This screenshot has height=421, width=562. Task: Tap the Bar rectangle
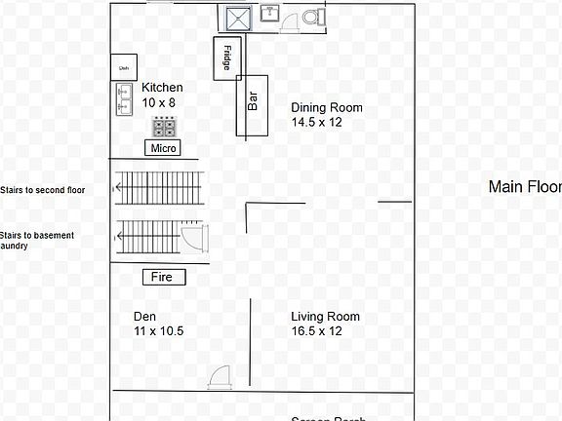pos(252,105)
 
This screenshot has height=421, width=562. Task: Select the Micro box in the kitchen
pos(163,148)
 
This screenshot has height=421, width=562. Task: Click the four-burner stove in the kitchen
pos(164,128)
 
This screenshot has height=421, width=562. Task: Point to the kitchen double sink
pos(124,99)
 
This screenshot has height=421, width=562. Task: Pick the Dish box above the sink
pos(124,67)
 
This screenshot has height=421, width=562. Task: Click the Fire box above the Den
pos(163,277)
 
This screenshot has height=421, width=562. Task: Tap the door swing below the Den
pos(221,378)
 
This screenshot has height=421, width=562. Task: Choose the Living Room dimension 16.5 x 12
pos(316,331)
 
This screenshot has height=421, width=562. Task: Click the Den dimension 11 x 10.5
pos(159,331)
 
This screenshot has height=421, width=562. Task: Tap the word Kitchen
pos(162,88)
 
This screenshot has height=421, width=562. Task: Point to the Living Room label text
pos(325,317)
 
